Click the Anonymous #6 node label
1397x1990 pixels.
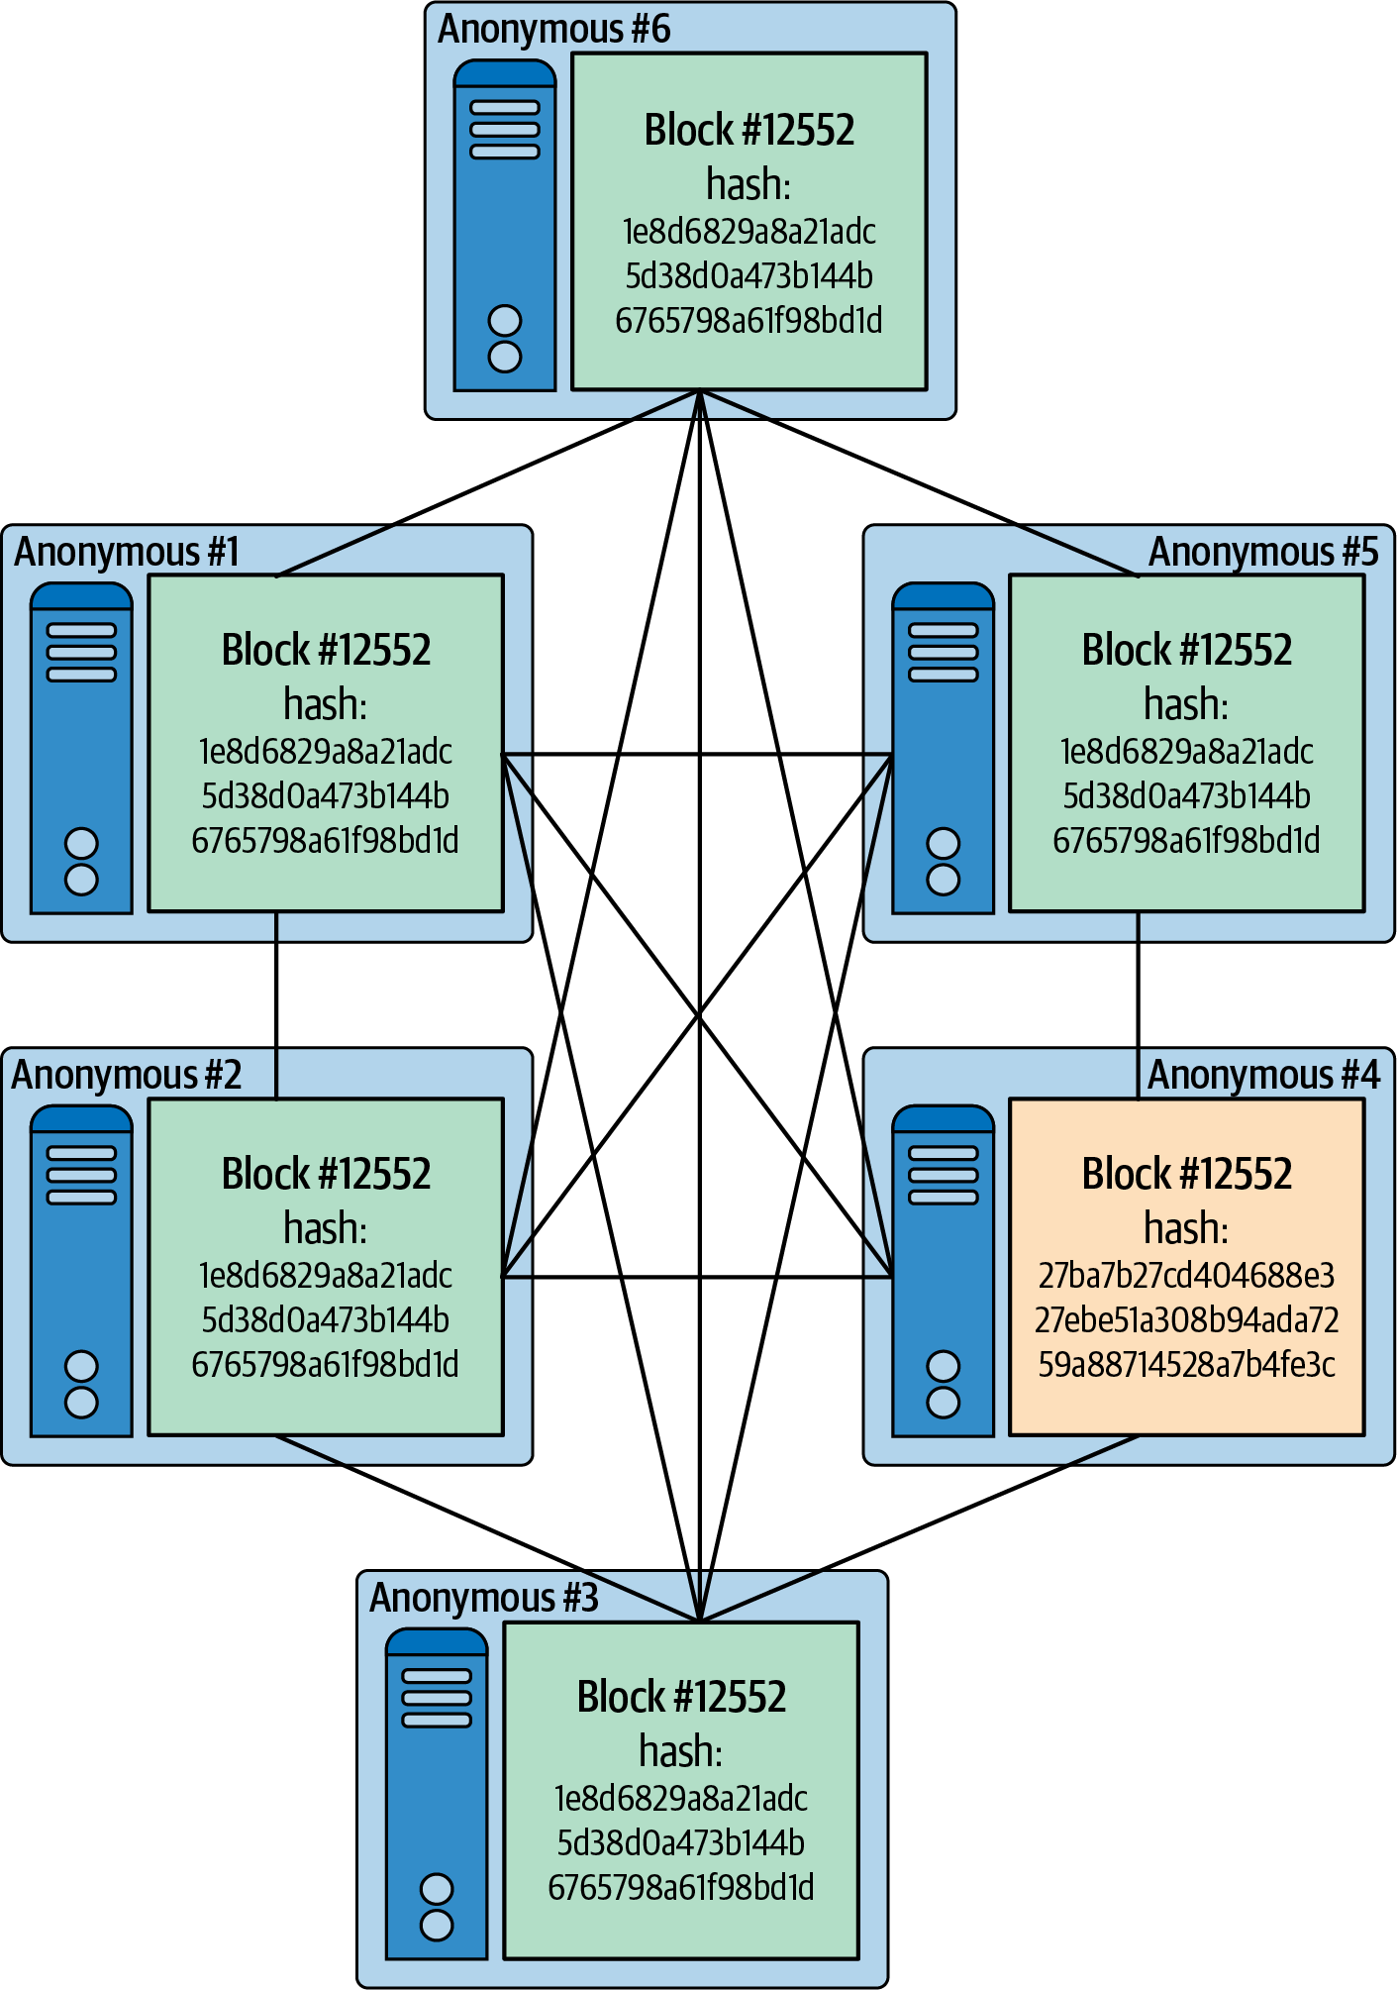click(x=553, y=30)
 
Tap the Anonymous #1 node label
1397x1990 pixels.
click(x=127, y=552)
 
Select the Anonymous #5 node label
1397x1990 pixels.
click(x=1262, y=552)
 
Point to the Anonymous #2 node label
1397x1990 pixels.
click(x=127, y=1075)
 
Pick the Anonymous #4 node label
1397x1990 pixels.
click(x=1262, y=1075)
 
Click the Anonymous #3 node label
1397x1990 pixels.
click(x=483, y=1598)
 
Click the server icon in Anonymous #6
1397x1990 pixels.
click(x=505, y=226)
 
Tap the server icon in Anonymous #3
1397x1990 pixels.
click(x=437, y=1794)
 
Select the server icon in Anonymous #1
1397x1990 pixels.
click(x=81, y=748)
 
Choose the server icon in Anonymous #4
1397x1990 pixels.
click(x=943, y=1271)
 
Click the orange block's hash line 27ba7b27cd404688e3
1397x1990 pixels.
click(x=1186, y=1275)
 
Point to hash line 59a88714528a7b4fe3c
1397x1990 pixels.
click(x=1186, y=1364)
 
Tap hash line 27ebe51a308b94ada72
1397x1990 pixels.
click(x=1186, y=1319)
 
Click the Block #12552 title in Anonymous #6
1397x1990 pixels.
click(x=749, y=130)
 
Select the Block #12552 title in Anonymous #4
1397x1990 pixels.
click(x=1186, y=1174)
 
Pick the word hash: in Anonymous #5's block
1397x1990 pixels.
click(x=1186, y=704)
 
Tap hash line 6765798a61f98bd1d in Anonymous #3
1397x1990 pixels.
click(x=681, y=1887)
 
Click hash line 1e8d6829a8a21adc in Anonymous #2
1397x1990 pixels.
click(x=326, y=1275)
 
